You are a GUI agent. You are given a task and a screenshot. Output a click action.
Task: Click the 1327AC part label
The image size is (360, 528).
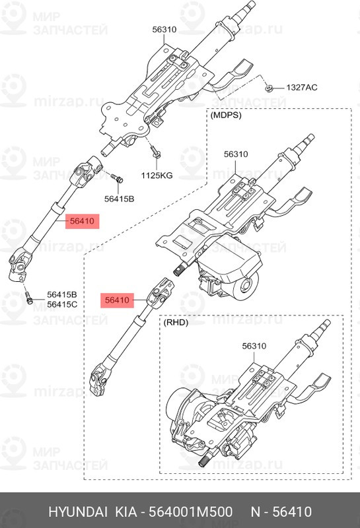click(x=301, y=88)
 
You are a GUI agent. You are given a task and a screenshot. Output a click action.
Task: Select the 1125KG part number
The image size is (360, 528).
click(x=157, y=176)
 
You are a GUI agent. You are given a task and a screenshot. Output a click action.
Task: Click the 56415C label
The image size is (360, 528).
click(x=62, y=304)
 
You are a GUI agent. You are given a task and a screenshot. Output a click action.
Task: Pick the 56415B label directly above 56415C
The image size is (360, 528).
click(x=62, y=294)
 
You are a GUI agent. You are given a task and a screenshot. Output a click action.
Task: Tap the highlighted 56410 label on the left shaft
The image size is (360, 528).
click(x=83, y=222)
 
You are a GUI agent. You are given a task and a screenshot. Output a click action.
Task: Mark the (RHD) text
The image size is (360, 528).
click(x=177, y=323)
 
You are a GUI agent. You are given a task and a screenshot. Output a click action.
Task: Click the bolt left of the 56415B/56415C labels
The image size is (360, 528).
click(x=29, y=298)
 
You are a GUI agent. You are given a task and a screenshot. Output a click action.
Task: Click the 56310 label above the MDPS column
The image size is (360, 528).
click(x=234, y=154)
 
